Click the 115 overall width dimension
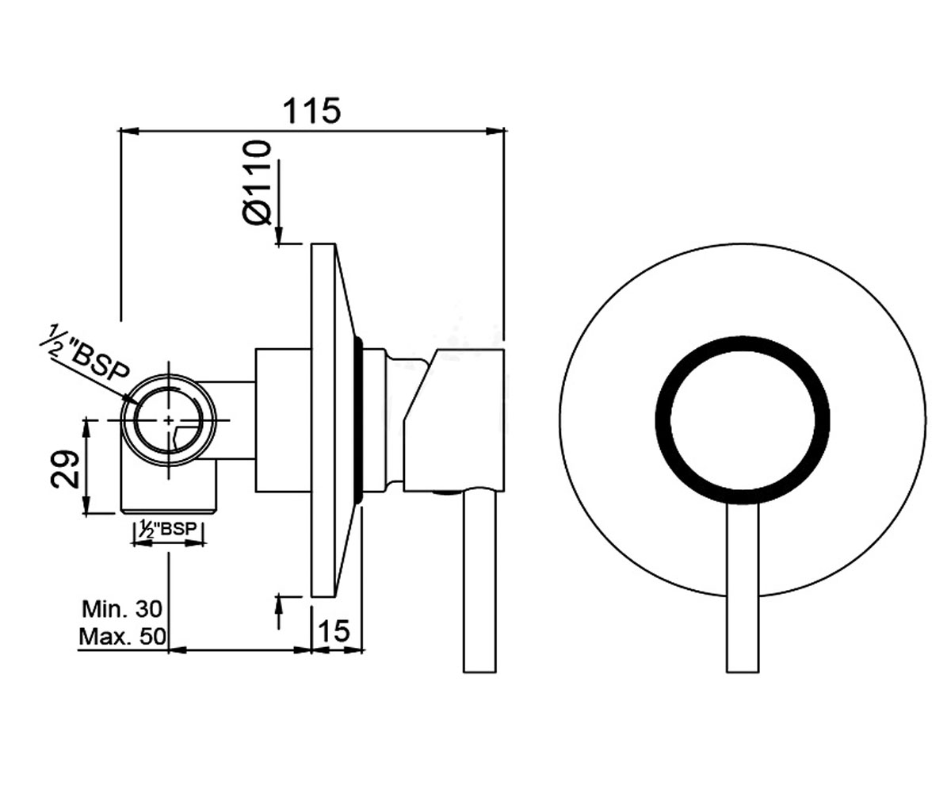coord(311,111)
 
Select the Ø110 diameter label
coord(257,182)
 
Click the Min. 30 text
coord(122,609)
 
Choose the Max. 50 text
coord(123,637)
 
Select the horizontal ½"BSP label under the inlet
coord(168,529)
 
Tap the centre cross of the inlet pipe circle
coord(169,420)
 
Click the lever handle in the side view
coord(479,582)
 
